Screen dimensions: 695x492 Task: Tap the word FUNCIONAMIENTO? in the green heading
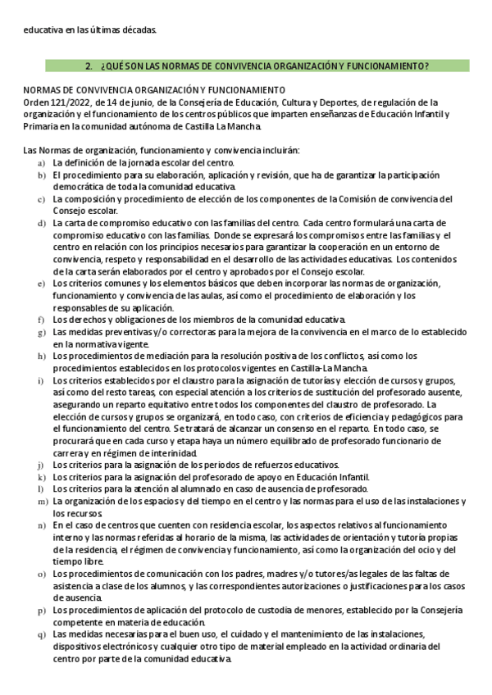(x=387, y=65)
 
